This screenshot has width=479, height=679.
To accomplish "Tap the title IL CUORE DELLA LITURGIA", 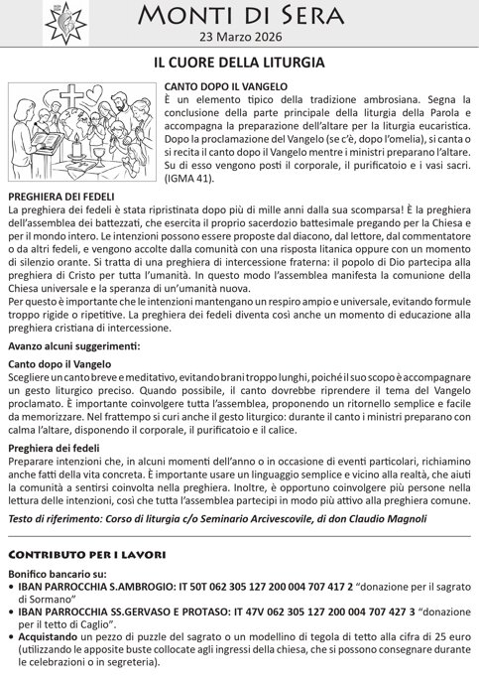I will pyautogui.click(x=239, y=63).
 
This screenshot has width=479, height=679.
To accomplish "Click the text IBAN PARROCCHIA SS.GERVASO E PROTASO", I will pyautogui.click(x=122, y=611).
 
